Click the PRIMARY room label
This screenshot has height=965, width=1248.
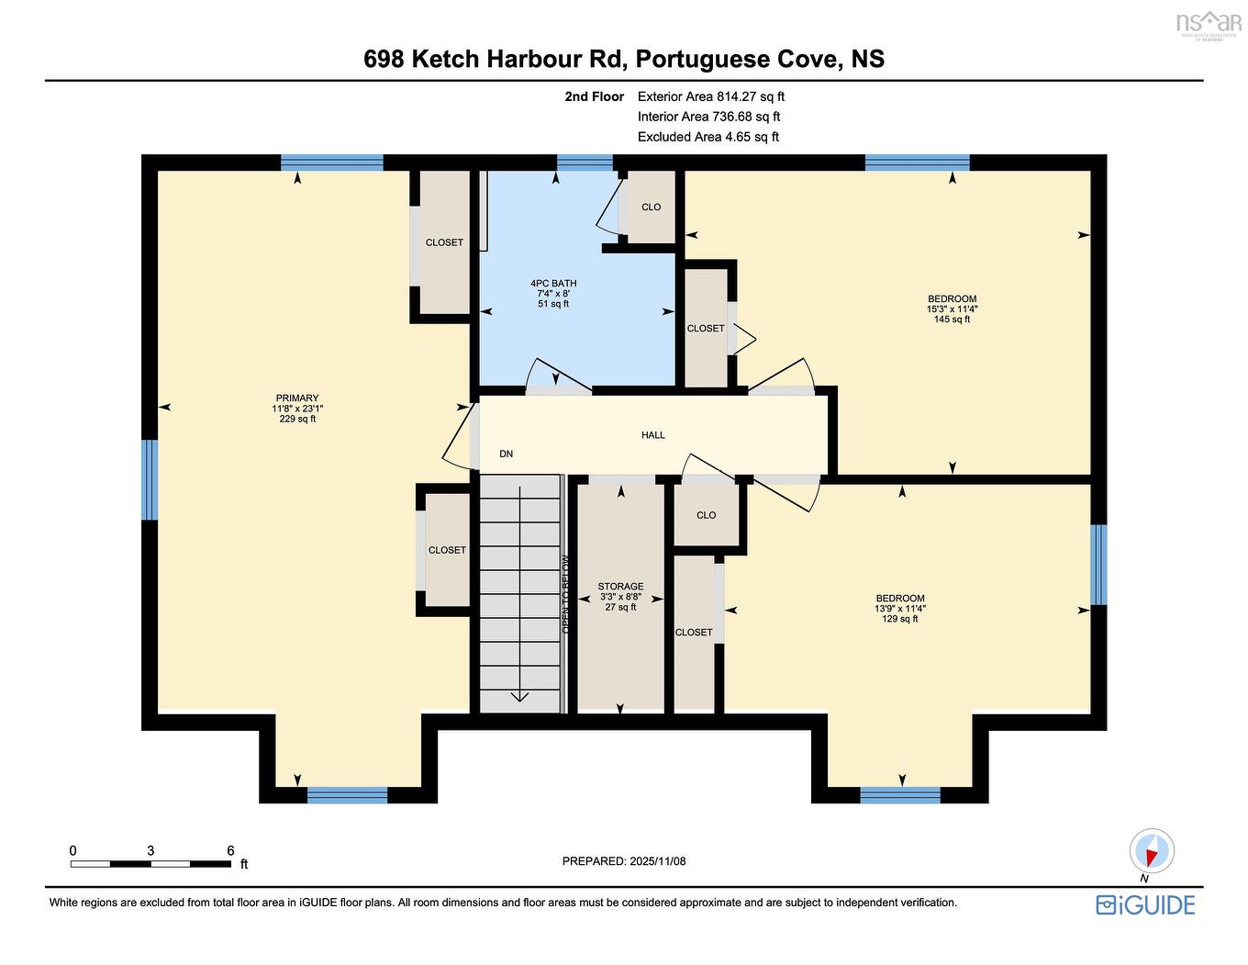tap(296, 398)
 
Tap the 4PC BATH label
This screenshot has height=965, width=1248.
tap(553, 284)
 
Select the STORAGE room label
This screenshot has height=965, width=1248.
tap(620, 587)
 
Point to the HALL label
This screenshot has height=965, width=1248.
tap(653, 435)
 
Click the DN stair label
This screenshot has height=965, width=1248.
tap(506, 454)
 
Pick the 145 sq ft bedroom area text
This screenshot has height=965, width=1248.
tap(952, 320)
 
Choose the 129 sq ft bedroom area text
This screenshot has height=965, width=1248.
tap(899, 619)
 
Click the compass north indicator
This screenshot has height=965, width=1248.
tap(1151, 851)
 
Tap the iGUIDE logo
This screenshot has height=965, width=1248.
tap(1145, 904)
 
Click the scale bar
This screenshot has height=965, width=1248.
tap(151, 863)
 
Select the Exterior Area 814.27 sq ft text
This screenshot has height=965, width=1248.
tap(711, 96)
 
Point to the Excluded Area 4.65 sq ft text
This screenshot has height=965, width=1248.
tap(708, 137)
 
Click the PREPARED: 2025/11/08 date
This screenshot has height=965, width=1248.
tap(624, 861)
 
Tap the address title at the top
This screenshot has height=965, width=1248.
tap(624, 59)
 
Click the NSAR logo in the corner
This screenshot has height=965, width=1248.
tap(1208, 23)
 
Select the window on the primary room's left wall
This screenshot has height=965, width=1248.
tap(149, 479)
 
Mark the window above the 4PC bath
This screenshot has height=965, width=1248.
tap(585, 163)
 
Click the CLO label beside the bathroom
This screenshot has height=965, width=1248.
tap(651, 208)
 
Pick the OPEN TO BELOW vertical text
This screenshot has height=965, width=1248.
tap(566, 594)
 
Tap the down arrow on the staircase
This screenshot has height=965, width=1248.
tap(519, 694)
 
